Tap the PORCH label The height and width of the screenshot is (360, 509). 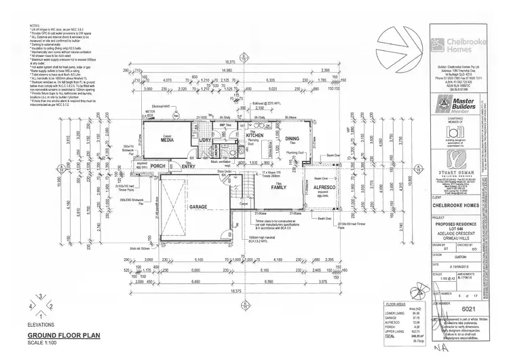point(158,165)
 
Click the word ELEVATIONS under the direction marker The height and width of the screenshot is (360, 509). point(41,325)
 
